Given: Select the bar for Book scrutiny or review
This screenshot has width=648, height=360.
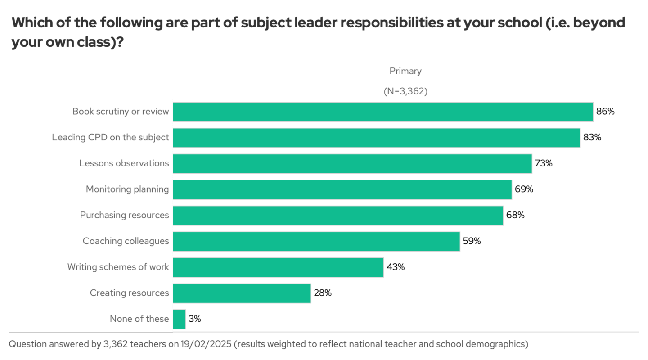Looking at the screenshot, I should (383, 112).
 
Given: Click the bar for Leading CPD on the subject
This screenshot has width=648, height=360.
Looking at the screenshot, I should (377, 138).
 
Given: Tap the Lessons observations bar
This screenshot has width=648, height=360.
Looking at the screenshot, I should (352, 163).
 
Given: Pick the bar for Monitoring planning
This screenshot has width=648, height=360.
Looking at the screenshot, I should (342, 189).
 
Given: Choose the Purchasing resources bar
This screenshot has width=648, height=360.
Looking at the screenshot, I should (338, 216).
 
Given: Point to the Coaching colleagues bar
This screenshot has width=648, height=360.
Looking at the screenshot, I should (316, 241).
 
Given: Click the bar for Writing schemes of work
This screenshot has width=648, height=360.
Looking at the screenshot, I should (278, 267).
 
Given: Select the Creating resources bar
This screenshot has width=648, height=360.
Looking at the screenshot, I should (242, 293).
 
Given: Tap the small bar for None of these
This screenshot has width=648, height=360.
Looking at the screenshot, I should (179, 319).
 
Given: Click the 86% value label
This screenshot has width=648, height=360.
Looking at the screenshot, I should (605, 112).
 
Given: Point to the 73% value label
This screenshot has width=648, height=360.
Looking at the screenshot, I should (543, 163).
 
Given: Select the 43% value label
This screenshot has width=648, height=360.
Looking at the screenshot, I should (396, 267).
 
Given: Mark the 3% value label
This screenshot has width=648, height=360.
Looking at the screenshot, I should (195, 319).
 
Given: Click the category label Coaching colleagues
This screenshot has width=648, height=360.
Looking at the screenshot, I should (126, 241).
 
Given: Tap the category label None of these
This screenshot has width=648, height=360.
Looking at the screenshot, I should (139, 319).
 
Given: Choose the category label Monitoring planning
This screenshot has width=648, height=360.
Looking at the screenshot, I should (127, 189).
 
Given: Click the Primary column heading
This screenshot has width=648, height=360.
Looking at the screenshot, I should (405, 71).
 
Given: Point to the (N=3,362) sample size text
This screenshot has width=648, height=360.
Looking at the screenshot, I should (405, 91).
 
